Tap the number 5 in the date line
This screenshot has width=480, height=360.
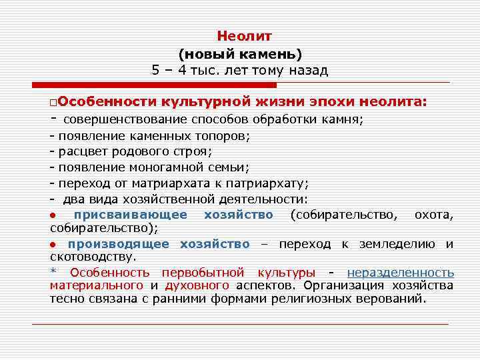(155, 71)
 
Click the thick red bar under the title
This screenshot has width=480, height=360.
(154, 85)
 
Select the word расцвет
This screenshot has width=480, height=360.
(81, 152)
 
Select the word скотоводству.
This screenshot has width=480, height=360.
(93, 256)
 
